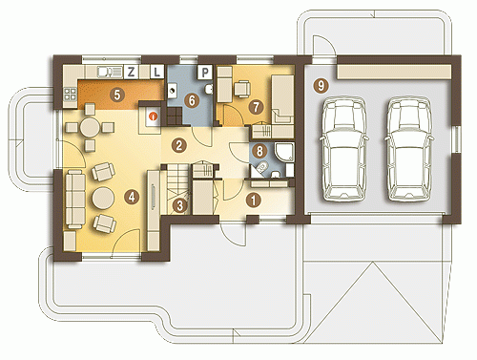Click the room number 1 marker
tap(254, 201)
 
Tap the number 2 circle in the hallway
tap(178, 145)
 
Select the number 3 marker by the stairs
tap(180, 205)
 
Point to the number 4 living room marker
tap(132, 197)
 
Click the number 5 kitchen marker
tap(117, 95)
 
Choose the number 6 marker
tap(192, 101)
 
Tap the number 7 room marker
tap(257, 107)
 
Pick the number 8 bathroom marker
tap(259, 151)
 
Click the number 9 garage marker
tap(321, 86)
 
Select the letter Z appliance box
tap(131, 72)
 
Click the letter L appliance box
tap(156, 72)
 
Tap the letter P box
tap(205, 73)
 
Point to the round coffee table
tap(103, 199)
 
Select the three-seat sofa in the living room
tap(75, 199)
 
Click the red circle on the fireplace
tap(154, 116)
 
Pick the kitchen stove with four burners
tap(71, 95)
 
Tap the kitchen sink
tap(110, 73)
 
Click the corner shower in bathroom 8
tap(284, 152)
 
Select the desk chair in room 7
tap(242, 89)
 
